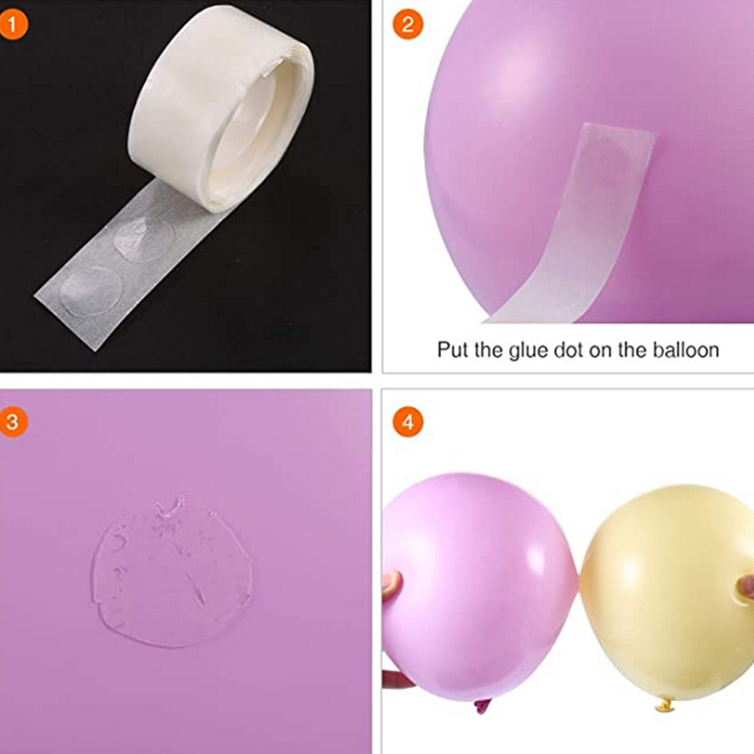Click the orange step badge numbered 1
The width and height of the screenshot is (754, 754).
(13, 25)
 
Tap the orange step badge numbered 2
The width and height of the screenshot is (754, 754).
(408, 25)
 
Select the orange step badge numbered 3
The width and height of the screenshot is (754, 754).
(13, 421)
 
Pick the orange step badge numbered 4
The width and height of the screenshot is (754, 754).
(408, 421)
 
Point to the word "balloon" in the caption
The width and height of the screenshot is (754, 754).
(686, 350)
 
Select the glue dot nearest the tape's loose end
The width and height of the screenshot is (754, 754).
(90, 290)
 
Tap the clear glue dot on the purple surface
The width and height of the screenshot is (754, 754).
(172, 572)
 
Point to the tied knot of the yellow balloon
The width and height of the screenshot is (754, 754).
(665, 705)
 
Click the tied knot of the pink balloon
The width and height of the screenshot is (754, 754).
(483, 705)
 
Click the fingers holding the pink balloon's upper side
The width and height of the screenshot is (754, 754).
(392, 584)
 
